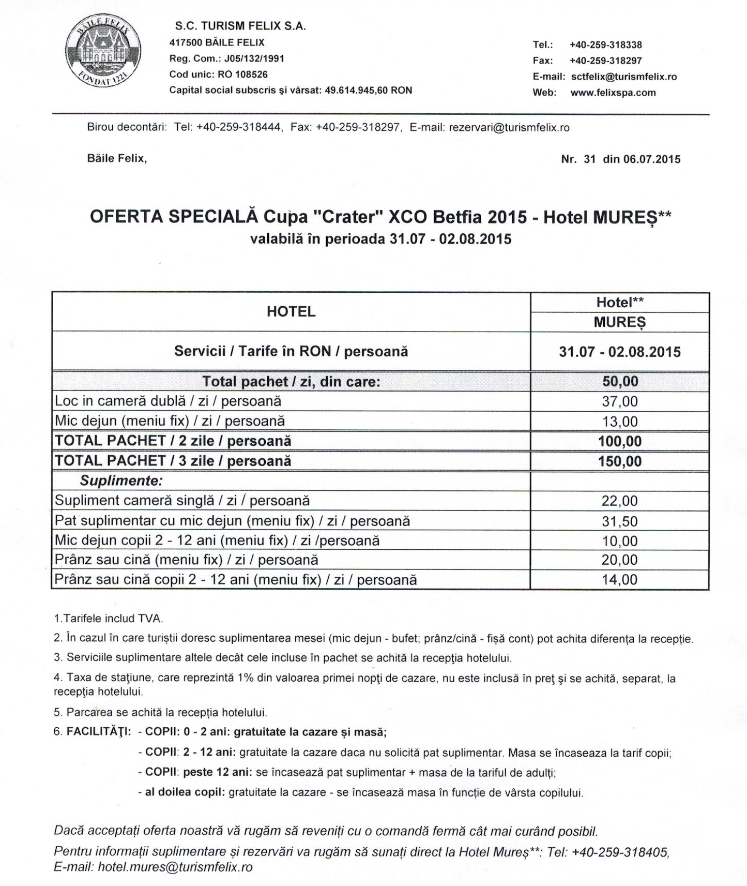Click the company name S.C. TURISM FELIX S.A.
pyautogui.click(x=240, y=26)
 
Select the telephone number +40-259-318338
pyautogui.click(x=605, y=45)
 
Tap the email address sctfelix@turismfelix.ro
pyautogui.click(x=624, y=77)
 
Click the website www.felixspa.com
pyautogui.click(x=613, y=93)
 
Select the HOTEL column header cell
pyautogui.click(x=291, y=311)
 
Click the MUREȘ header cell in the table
pyautogui.click(x=619, y=322)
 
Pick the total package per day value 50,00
pyautogui.click(x=620, y=382)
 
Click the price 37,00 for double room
pyautogui.click(x=620, y=401)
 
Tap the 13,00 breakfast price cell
pyautogui.click(x=620, y=422)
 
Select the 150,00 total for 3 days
pyautogui.click(x=620, y=461)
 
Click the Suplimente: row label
pyautogui.click(x=121, y=481)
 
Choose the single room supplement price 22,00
pyautogui.click(x=620, y=501)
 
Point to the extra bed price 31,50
pyautogui.click(x=620, y=521)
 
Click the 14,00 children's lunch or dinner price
pyautogui.click(x=620, y=580)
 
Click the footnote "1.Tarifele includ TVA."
pyautogui.click(x=108, y=619)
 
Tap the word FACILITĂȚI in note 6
pyautogui.click(x=98, y=732)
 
